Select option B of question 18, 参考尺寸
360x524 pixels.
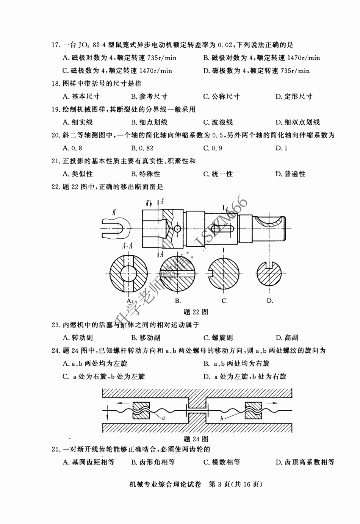tap(149, 97)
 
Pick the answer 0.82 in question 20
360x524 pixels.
tap(142, 148)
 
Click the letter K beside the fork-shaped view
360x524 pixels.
tap(114, 213)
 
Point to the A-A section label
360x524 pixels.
tap(127, 246)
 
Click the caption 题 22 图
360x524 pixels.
tap(196, 312)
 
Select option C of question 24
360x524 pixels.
tap(104, 377)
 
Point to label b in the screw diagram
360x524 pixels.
tap(221, 419)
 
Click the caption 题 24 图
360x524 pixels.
tap(196, 439)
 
